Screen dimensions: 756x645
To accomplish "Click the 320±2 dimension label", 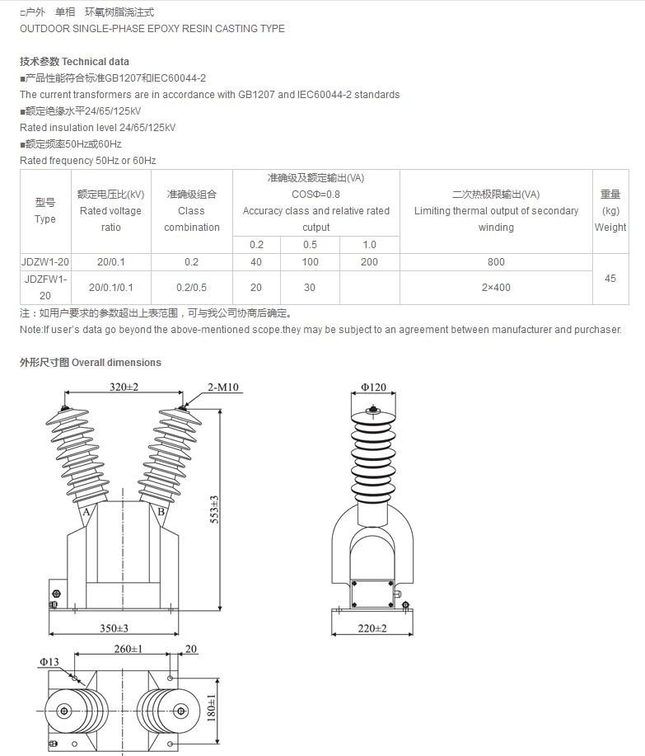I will [124, 387].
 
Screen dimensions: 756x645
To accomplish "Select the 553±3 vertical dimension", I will [214, 510].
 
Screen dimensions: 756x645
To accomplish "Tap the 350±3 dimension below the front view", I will [115, 628].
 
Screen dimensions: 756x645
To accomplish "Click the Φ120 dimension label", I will [373, 387].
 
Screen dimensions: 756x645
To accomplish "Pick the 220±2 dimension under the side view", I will [372, 628].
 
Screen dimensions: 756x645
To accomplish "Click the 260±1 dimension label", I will [129, 649].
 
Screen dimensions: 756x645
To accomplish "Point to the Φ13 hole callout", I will [49, 661].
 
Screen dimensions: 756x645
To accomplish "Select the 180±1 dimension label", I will [212, 707].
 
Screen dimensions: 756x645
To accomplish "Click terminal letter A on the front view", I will [86, 512].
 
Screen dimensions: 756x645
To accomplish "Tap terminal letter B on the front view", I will [161, 512].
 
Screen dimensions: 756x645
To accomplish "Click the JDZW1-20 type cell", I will [45, 262].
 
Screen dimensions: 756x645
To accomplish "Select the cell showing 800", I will [496, 262].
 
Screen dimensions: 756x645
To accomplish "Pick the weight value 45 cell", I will [610, 279].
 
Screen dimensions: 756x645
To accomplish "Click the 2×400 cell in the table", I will [496, 288].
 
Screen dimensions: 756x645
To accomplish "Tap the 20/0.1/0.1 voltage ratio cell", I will [110, 288].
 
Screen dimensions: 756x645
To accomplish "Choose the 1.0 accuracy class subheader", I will [369, 245].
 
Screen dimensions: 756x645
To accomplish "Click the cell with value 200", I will [369, 262].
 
